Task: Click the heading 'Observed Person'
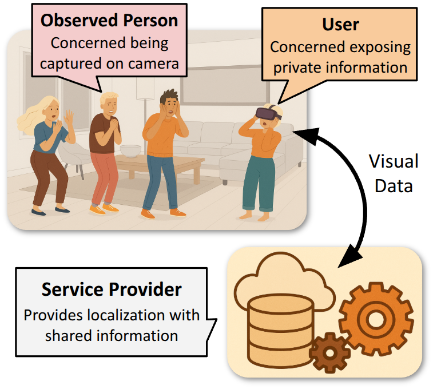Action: (109, 21)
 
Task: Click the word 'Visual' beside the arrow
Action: (393, 161)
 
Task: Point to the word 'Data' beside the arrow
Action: (394, 185)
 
